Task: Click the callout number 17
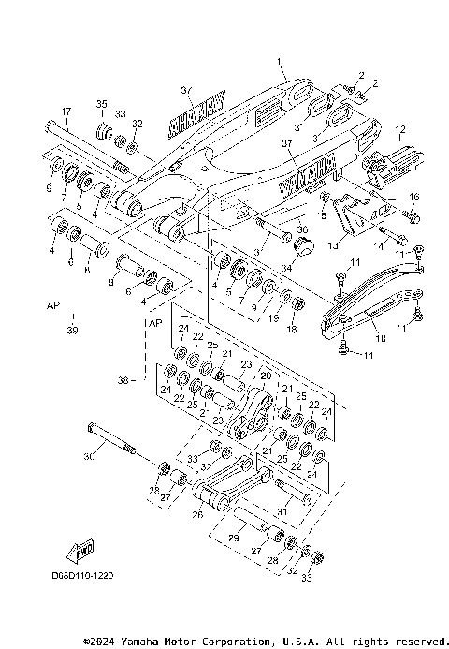click(65, 111)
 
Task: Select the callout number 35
click(102, 103)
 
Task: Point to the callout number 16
click(415, 197)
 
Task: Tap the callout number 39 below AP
click(73, 330)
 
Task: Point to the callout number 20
click(265, 376)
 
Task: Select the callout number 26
click(197, 512)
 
